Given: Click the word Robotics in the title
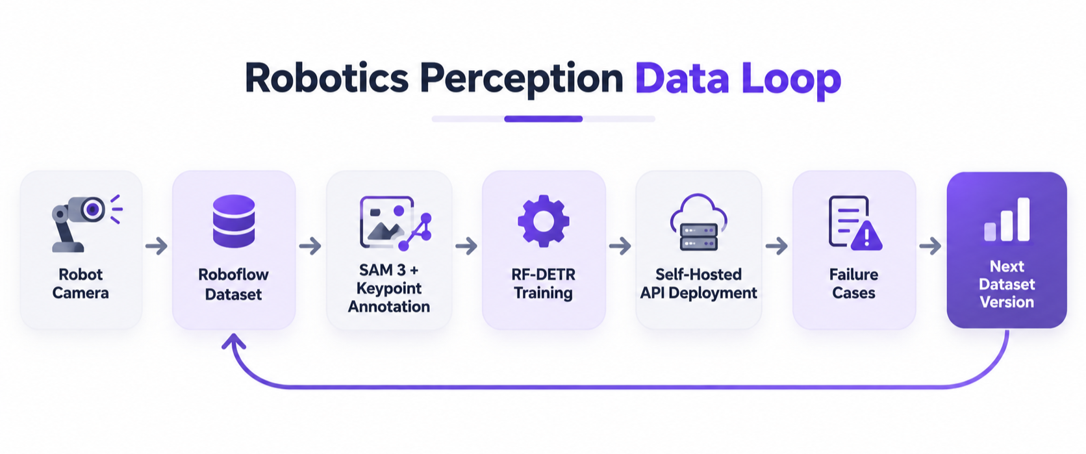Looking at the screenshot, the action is point(327,78).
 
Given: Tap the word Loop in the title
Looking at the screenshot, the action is point(791,80).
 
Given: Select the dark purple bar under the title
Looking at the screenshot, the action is point(543,119).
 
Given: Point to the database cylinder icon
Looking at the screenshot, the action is point(234,221).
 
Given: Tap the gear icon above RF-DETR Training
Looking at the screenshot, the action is point(544,221).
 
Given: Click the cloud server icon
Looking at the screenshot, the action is point(699,223).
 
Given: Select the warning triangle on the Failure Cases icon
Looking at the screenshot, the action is point(866,236).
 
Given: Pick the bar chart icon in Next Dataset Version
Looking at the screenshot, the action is point(1007,220).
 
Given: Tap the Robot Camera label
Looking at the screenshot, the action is point(81,284).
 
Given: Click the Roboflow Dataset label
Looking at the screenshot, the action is point(233,284).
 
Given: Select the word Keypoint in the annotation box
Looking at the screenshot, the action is point(389,288).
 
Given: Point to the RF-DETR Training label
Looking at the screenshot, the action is point(544,284).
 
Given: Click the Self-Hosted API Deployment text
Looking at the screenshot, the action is point(699,284).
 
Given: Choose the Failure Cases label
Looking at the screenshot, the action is point(853,284).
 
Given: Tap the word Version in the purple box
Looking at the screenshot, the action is point(1007,302).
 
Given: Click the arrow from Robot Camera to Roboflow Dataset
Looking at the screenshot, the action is point(157,246).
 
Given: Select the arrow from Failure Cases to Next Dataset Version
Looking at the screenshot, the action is point(930,246).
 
